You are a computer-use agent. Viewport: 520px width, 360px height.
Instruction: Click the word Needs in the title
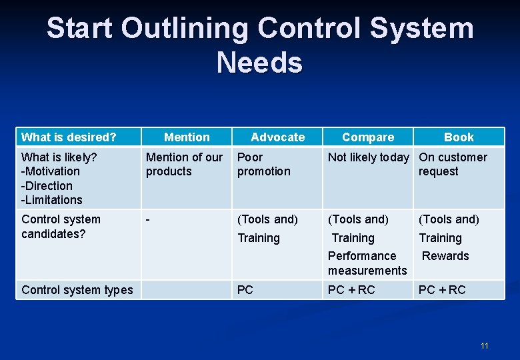tap(259, 63)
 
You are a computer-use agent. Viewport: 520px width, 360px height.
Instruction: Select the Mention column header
tap(187, 137)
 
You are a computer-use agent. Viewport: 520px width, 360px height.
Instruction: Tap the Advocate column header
tap(277, 137)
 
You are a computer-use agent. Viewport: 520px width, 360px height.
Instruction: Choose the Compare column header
tap(368, 137)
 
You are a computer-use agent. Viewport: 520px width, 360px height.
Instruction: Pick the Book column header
tap(459, 137)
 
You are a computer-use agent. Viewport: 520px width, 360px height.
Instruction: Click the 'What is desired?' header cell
tap(69, 137)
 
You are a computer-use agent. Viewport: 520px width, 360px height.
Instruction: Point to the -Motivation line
tap(50, 171)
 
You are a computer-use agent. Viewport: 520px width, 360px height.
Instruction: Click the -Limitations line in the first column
tap(52, 200)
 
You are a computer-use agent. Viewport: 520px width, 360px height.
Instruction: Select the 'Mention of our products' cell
tap(184, 164)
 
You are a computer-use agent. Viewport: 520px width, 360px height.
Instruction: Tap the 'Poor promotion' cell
tap(264, 164)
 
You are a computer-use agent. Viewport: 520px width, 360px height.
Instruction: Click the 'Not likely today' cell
tap(369, 157)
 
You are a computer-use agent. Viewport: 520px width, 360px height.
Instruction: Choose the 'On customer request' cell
tap(453, 164)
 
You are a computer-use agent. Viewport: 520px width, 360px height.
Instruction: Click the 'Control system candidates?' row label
tap(61, 226)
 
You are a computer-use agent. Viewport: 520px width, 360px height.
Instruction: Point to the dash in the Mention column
tap(148, 219)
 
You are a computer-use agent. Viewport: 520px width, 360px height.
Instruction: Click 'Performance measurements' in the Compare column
tap(367, 263)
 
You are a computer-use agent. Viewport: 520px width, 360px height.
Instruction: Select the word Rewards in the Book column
tap(445, 256)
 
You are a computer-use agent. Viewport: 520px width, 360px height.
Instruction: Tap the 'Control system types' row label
tap(77, 290)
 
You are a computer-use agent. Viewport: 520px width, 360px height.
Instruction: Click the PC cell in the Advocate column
tap(245, 290)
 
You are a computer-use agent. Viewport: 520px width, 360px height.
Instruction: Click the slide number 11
tap(484, 345)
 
